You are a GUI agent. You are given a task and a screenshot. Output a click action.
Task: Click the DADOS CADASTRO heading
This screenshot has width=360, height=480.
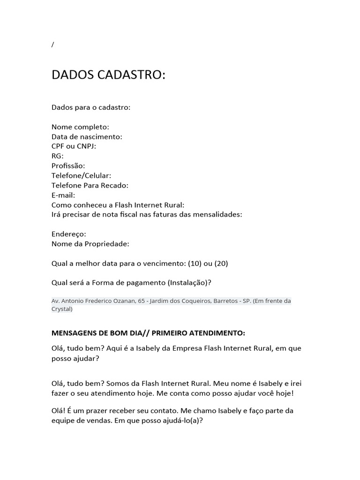(x=108, y=75)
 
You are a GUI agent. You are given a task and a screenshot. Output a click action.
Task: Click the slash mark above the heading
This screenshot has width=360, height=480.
(x=53, y=45)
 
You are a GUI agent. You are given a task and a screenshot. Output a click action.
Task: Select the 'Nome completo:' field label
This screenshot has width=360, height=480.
(x=80, y=127)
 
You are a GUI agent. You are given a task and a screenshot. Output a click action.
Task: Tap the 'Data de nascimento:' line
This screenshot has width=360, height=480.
(x=87, y=137)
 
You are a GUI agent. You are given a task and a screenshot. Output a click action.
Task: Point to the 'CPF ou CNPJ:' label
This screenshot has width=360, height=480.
(x=74, y=146)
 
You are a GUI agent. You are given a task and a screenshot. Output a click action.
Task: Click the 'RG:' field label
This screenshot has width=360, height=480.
(x=57, y=156)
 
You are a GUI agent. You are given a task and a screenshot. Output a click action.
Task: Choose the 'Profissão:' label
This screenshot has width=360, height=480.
(x=68, y=166)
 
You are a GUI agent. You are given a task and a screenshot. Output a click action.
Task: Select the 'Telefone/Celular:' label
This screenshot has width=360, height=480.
(x=81, y=176)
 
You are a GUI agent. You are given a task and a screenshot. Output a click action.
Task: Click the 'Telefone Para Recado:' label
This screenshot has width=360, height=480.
(x=90, y=185)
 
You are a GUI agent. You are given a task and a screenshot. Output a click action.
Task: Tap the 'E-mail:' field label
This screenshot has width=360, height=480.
(x=63, y=195)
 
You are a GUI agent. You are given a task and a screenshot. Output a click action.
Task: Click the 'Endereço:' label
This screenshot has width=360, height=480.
(x=69, y=234)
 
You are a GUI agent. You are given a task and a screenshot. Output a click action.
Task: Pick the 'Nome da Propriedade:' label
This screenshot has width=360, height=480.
(x=90, y=244)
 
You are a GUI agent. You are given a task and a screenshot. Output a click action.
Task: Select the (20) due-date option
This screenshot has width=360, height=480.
(x=221, y=263)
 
